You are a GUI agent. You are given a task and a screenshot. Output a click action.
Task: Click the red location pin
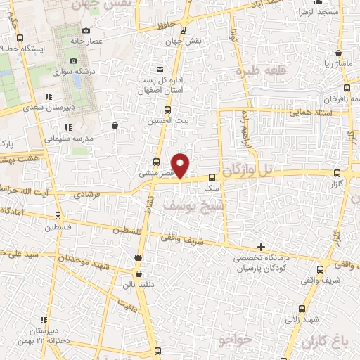tap(181, 165)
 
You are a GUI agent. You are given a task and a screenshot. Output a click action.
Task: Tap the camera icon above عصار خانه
tap(86, 30)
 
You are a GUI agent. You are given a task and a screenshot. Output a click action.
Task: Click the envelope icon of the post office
tap(160, 68)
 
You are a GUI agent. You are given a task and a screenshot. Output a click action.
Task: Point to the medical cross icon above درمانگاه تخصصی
tap(262, 247)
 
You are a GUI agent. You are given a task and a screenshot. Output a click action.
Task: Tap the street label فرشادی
tap(108, 190)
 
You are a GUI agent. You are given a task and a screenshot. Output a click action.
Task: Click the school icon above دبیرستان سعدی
tap(49, 96)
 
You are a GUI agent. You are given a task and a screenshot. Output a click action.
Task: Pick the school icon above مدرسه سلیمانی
tap(68, 127)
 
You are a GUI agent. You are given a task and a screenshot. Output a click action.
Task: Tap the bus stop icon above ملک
tap(211, 177)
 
